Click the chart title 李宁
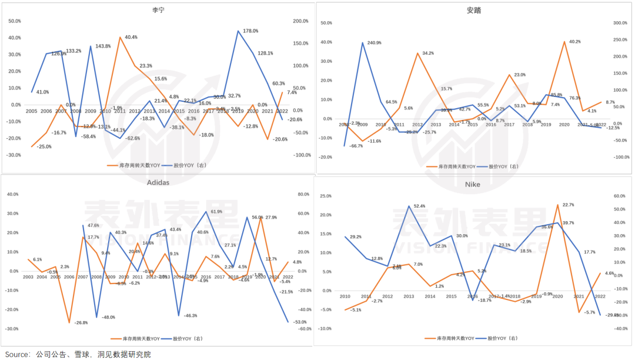(x=158, y=10)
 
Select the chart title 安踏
(x=474, y=10)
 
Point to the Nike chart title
(x=472, y=185)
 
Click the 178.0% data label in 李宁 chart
(x=251, y=31)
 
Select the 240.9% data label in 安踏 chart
(x=374, y=43)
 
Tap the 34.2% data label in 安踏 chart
(x=427, y=54)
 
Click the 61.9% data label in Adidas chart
(x=216, y=212)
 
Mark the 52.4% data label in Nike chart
(x=419, y=206)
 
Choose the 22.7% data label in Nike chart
(x=568, y=205)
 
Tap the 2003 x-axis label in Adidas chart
(x=28, y=276)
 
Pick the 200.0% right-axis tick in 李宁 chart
(x=300, y=21)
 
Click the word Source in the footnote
(x=15, y=354)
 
